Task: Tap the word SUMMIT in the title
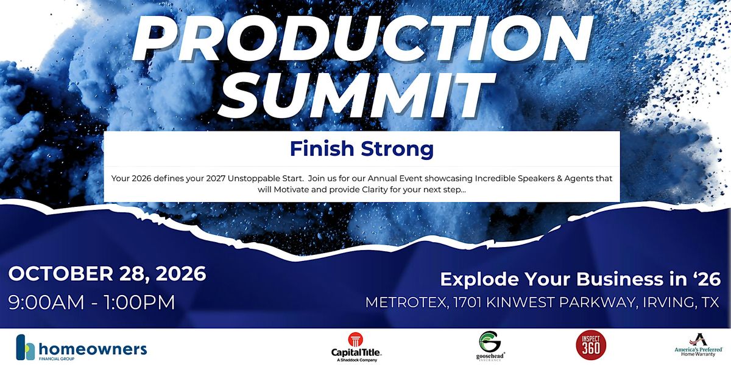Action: tap(356, 94)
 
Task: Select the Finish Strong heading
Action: tap(362, 149)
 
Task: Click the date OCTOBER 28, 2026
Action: tap(107, 274)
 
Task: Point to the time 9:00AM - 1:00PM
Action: tap(92, 302)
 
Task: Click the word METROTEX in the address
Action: tap(406, 302)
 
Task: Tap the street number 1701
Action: tap(467, 302)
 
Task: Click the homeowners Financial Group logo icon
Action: tap(26, 347)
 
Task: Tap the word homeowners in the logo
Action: tap(93, 349)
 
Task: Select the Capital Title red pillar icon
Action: tap(355, 339)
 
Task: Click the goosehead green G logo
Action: tap(490, 341)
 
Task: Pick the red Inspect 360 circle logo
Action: tap(591, 345)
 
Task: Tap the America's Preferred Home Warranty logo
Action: tap(699, 346)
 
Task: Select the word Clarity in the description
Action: tap(375, 190)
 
